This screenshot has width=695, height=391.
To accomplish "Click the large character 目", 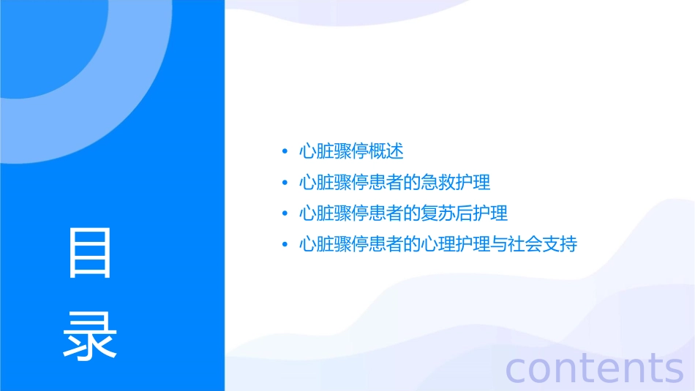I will (x=90, y=253).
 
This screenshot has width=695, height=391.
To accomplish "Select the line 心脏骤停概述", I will (x=351, y=152).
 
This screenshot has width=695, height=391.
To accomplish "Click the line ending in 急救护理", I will (x=394, y=183).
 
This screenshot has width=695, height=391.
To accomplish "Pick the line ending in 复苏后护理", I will (x=403, y=213).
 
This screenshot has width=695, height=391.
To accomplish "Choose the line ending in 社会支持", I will (x=437, y=244).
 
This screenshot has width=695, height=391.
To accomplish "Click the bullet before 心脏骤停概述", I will (x=285, y=153).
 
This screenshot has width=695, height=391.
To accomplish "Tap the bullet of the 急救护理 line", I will (x=285, y=183).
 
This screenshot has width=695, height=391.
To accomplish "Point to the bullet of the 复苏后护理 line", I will (x=285, y=214).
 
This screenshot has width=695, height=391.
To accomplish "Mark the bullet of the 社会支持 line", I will (x=285, y=245).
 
